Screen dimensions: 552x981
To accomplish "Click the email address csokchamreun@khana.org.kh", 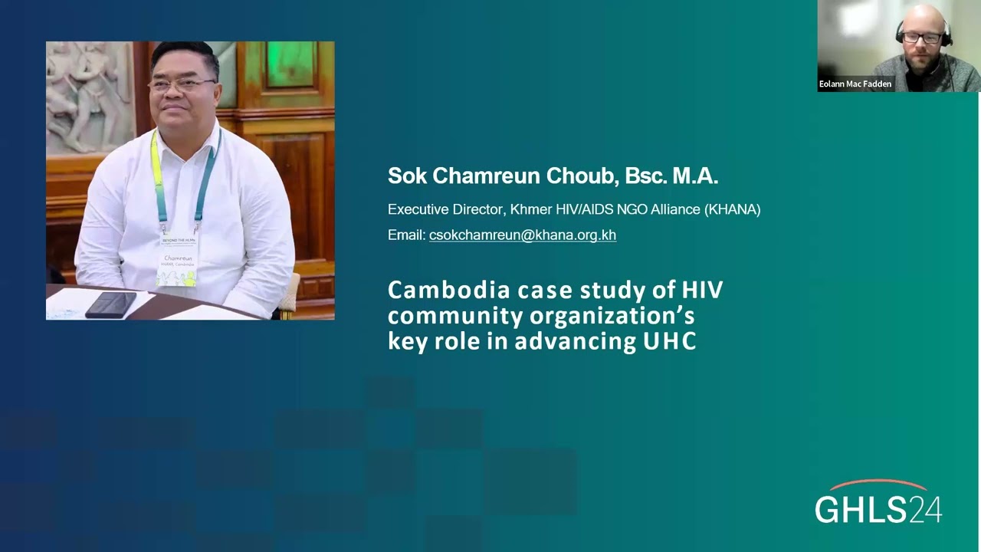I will pyautogui.click(x=522, y=235).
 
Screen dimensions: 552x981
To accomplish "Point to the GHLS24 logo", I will pyautogui.click(x=878, y=508).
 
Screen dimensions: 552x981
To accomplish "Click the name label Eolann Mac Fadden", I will pyautogui.click(x=855, y=84).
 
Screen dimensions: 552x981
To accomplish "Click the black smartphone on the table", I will pyautogui.click(x=111, y=304).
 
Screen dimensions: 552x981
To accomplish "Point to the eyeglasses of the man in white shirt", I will pyautogui.click(x=182, y=84).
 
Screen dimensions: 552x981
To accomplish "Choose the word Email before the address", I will pyautogui.click(x=405, y=235).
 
